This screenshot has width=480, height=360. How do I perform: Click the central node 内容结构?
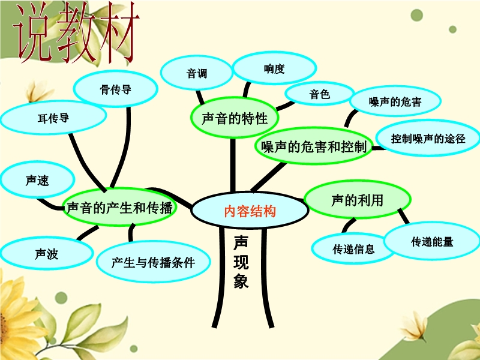(x=250, y=210)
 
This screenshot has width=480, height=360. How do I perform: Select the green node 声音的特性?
(x=235, y=118)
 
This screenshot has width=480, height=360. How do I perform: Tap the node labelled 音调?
(x=197, y=73)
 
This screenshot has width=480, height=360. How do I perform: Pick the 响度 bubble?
(x=274, y=68)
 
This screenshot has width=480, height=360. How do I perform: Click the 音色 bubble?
(x=320, y=94)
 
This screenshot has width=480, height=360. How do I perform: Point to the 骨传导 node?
(x=115, y=89)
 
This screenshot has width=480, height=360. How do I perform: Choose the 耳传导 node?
(x=53, y=118)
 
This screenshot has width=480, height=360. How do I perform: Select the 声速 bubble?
(x=37, y=180)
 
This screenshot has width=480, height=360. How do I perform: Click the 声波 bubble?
(x=47, y=253)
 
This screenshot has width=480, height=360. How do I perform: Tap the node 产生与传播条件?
(x=153, y=262)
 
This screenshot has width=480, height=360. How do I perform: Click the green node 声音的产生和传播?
(x=119, y=207)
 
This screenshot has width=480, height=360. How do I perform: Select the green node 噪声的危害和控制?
(x=314, y=146)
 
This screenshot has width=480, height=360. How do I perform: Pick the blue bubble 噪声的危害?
(x=395, y=101)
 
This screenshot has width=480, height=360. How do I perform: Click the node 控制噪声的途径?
(x=428, y=138)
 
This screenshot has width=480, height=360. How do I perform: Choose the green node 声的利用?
(x=357, y=200)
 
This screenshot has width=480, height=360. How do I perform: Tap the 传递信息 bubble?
(x=353, y=248)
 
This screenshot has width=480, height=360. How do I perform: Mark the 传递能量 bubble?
(x=432, y=241)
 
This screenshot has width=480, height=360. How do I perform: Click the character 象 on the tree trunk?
(x=241, y=280)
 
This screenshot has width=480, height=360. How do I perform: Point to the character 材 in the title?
(x=118, y=33)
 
